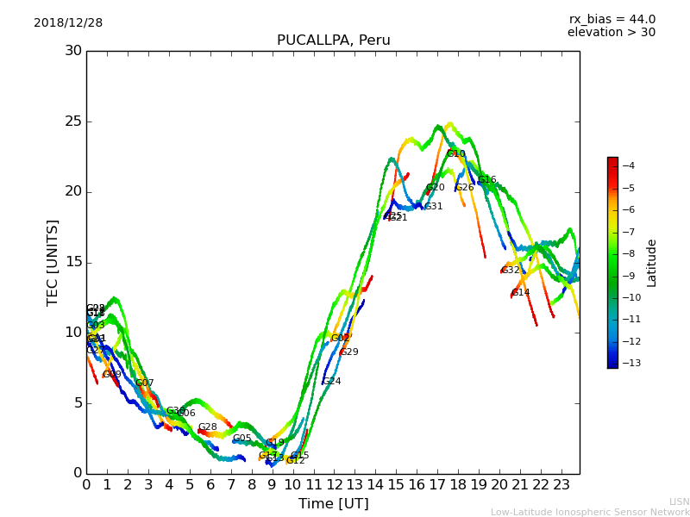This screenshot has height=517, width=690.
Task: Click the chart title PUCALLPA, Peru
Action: click(x=333, y=40)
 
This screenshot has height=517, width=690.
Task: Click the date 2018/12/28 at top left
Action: click(x=68, y=23)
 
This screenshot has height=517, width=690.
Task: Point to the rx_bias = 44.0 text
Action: click(x=612, y=20)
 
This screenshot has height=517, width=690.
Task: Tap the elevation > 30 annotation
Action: click(x=611, y=33)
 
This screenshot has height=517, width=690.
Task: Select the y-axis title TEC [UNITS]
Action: click(x=53, y=262)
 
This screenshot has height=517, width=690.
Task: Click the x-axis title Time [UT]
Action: click(x=333, y=503)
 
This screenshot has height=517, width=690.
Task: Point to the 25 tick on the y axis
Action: click(x=73, y=121)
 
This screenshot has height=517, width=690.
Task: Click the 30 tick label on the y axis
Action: click(x=73, y=51)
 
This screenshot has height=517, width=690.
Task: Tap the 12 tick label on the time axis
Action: click(x=334, y=484)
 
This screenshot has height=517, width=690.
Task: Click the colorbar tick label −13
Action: click(x=629, y=363)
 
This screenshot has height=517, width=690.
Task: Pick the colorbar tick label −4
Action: click(x=629, y=165)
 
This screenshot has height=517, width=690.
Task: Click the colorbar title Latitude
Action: click(x=651, y=263)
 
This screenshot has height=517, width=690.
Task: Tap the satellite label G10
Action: click(x=455, y=154)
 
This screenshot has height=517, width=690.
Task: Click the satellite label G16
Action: click(x=486, y=180)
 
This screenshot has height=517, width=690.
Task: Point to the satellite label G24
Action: click(x=331, y=381)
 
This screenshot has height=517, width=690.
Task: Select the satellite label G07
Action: click(x=144, y=383)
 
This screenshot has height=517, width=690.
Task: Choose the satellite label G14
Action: click(x=520, y=293)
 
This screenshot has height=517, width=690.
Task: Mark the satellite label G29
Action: click(x=348, y=352)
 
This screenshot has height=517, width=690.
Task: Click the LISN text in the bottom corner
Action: click(x=679, y=501)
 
